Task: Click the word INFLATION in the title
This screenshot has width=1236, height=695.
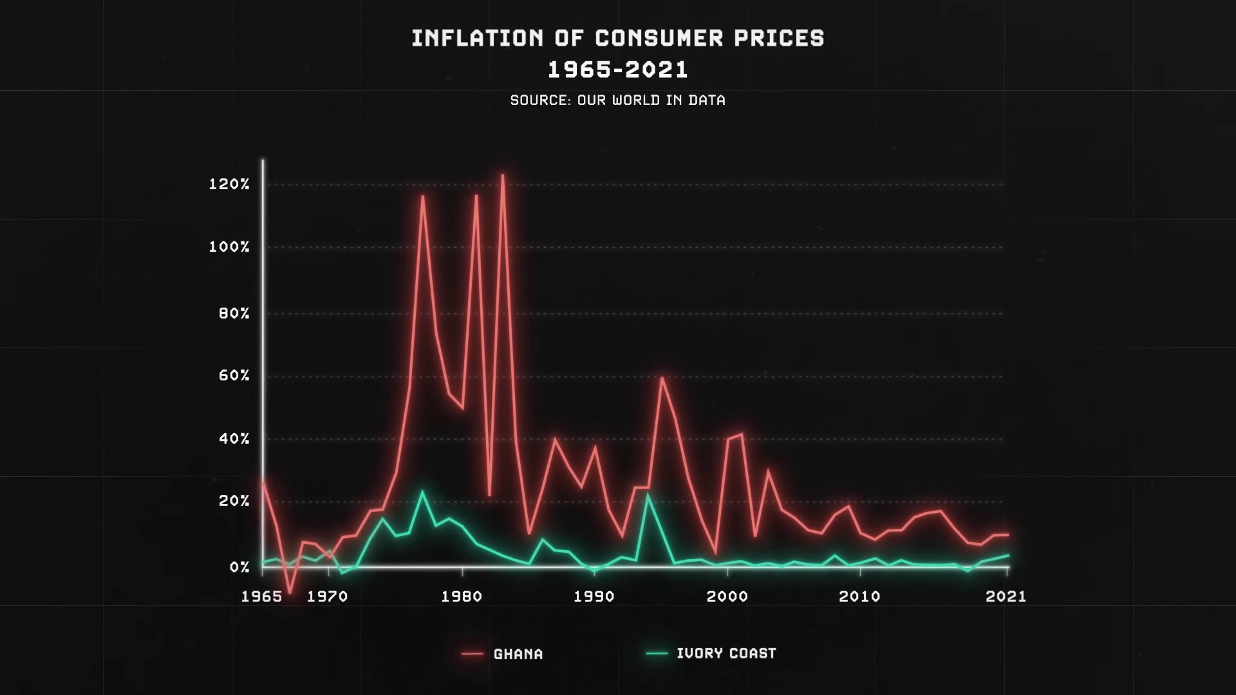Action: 477,39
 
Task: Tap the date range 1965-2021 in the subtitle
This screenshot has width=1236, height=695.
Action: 618,69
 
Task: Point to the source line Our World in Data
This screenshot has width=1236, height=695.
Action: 618,100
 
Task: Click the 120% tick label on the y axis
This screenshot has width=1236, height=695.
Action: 229,185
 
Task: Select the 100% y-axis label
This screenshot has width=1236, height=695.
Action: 229,247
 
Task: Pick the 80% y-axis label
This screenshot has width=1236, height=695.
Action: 234,314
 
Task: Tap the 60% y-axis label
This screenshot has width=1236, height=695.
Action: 234,376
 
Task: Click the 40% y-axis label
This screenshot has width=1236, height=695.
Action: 234,439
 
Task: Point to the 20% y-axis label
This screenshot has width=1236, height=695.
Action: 234,501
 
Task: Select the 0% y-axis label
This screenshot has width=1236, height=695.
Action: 239,567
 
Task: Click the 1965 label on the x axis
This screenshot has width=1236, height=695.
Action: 261,597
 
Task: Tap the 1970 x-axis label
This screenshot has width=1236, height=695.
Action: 328,597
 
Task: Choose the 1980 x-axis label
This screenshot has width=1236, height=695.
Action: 462,597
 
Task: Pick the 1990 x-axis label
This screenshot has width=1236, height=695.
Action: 594,597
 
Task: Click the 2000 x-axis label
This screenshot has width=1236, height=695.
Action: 727,597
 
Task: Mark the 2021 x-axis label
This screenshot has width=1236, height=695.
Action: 1006,597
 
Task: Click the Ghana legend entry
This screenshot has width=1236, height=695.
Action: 518,654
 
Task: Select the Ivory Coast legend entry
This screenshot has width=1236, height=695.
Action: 726,654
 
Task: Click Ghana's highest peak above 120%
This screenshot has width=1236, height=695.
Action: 502,175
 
